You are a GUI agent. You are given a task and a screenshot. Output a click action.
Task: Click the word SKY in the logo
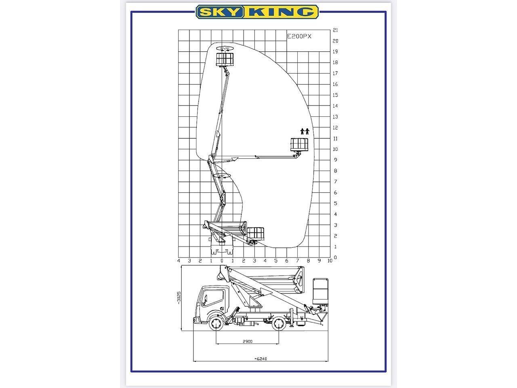pyautogui.click(x=220, y=12)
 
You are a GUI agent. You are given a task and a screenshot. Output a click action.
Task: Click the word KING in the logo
pyautogui.click(x=281, y=12)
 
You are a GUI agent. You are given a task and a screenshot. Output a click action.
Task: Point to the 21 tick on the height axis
pyautogui.click(x=335, y=30)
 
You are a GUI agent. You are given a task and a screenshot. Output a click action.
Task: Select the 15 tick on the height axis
pyautogui.click(x=335, y=95)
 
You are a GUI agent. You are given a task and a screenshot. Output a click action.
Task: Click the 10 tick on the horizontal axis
pyautogui.click(x=330, y=261)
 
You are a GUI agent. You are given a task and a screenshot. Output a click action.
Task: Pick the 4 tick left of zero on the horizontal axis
pyautogui.click(x=179, y=261)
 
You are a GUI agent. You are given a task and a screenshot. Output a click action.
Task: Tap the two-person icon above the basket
pyautogui.click(x=305, y=131)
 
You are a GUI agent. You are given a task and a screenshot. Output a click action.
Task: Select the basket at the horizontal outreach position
pyautogui.click(x=300, y=144)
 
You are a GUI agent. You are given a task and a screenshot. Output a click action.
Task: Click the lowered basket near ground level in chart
pyautogui.click(x=256, y=233)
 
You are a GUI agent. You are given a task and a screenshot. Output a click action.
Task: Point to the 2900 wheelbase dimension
pyautogui.click(x=247, y=342)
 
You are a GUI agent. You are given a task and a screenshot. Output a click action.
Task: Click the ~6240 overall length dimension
pyautogui.click(x=261, y=358)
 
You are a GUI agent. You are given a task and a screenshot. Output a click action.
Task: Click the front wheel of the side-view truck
pyautogui.click(x=216, y=323)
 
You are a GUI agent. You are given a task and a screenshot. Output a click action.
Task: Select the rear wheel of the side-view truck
pyautogui.click(x=279, y=323)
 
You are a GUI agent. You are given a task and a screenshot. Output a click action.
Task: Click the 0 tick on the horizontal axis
pyautogui.click(x=222, y=261)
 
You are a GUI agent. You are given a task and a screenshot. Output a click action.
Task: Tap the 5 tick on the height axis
pyautogui.click(x=335, y=204)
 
